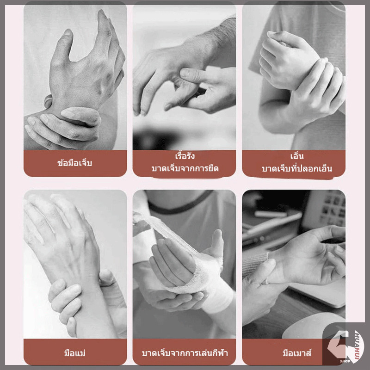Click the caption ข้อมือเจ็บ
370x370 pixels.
pos(74,163)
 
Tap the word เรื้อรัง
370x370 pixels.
pos(185,156)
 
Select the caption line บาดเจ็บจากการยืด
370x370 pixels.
pos(185,168)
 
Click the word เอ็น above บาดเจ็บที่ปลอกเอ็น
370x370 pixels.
pos(297,156)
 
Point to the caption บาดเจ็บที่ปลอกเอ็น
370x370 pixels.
pos(297,168)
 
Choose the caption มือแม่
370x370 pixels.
pos(75,353)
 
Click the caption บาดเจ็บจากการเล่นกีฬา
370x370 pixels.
pos(185,353)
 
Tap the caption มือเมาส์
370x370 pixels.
pos(297,353)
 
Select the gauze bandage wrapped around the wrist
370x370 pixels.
pos(203,278)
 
